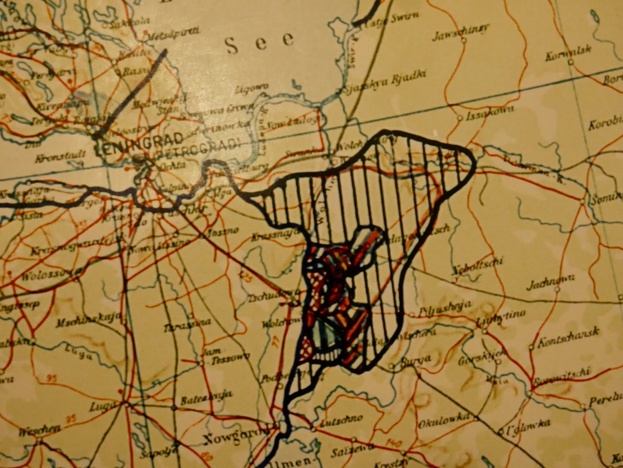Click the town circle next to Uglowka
[x=501, y=432]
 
